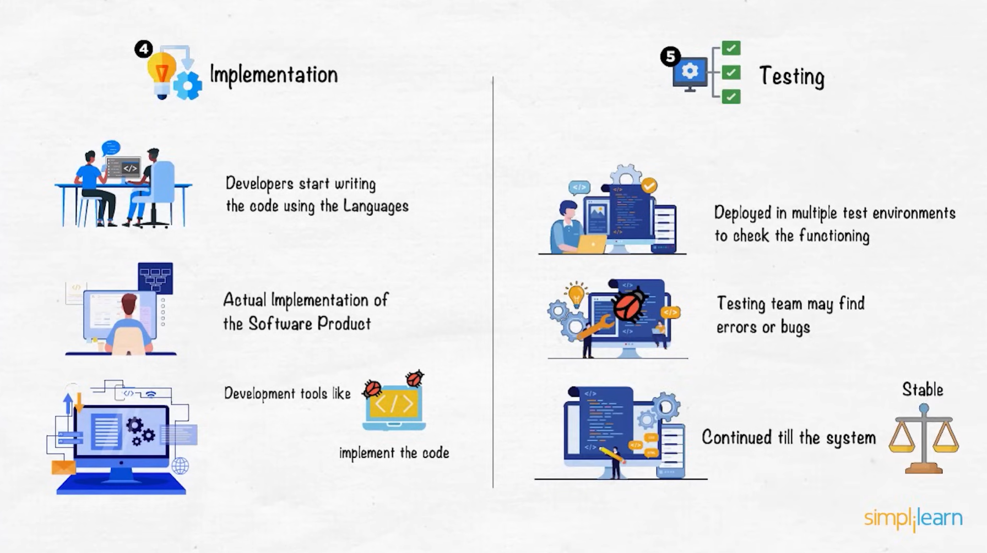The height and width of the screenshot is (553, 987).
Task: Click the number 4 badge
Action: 144,50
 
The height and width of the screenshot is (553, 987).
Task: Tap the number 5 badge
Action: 670,56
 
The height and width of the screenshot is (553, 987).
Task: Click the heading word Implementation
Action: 274,75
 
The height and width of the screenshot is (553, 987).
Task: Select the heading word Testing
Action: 791,76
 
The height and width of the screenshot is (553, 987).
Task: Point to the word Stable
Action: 923,390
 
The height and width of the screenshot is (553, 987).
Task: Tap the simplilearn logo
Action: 913,518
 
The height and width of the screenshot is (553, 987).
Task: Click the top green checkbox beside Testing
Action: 731,48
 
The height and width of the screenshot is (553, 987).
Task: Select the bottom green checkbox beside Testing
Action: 731,97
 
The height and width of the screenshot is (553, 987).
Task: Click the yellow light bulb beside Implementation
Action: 161,74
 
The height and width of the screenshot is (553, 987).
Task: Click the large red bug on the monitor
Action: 630,305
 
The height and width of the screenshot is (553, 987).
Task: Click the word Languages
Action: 376,206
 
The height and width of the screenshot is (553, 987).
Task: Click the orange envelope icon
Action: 63,467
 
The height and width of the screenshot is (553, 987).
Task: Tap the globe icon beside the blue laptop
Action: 180,466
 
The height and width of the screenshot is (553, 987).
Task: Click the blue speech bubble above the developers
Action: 111,147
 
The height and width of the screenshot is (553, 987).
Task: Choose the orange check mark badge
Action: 649,185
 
